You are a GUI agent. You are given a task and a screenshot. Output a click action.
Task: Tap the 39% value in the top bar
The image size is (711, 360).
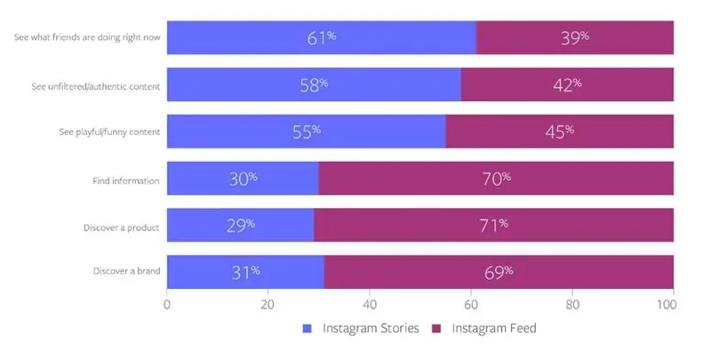574,37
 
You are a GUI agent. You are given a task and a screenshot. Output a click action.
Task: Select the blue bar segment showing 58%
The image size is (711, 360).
313,84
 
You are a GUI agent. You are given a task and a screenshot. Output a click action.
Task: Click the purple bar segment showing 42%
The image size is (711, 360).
566,84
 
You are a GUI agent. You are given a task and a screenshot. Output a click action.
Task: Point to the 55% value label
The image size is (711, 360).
306,132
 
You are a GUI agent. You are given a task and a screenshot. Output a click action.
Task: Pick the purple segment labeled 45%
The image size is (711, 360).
559,132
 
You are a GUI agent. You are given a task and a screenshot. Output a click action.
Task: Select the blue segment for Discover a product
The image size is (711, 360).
240,226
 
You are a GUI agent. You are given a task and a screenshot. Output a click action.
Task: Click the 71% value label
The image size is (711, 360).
492,226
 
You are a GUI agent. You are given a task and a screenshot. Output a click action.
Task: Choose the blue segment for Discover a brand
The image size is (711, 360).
244,272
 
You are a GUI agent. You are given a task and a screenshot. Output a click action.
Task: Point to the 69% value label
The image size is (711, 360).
498,272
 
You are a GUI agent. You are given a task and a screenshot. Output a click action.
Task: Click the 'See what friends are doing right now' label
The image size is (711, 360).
87,37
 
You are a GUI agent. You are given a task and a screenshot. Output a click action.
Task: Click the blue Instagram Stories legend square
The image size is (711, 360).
308,328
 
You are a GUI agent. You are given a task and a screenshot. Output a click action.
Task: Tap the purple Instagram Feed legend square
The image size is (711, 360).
436,328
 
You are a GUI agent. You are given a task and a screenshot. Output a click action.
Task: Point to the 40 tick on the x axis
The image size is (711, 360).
370,304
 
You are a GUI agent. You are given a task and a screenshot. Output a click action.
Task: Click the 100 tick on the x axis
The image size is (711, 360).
673,304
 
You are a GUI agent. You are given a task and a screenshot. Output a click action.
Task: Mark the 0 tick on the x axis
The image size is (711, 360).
167,304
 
